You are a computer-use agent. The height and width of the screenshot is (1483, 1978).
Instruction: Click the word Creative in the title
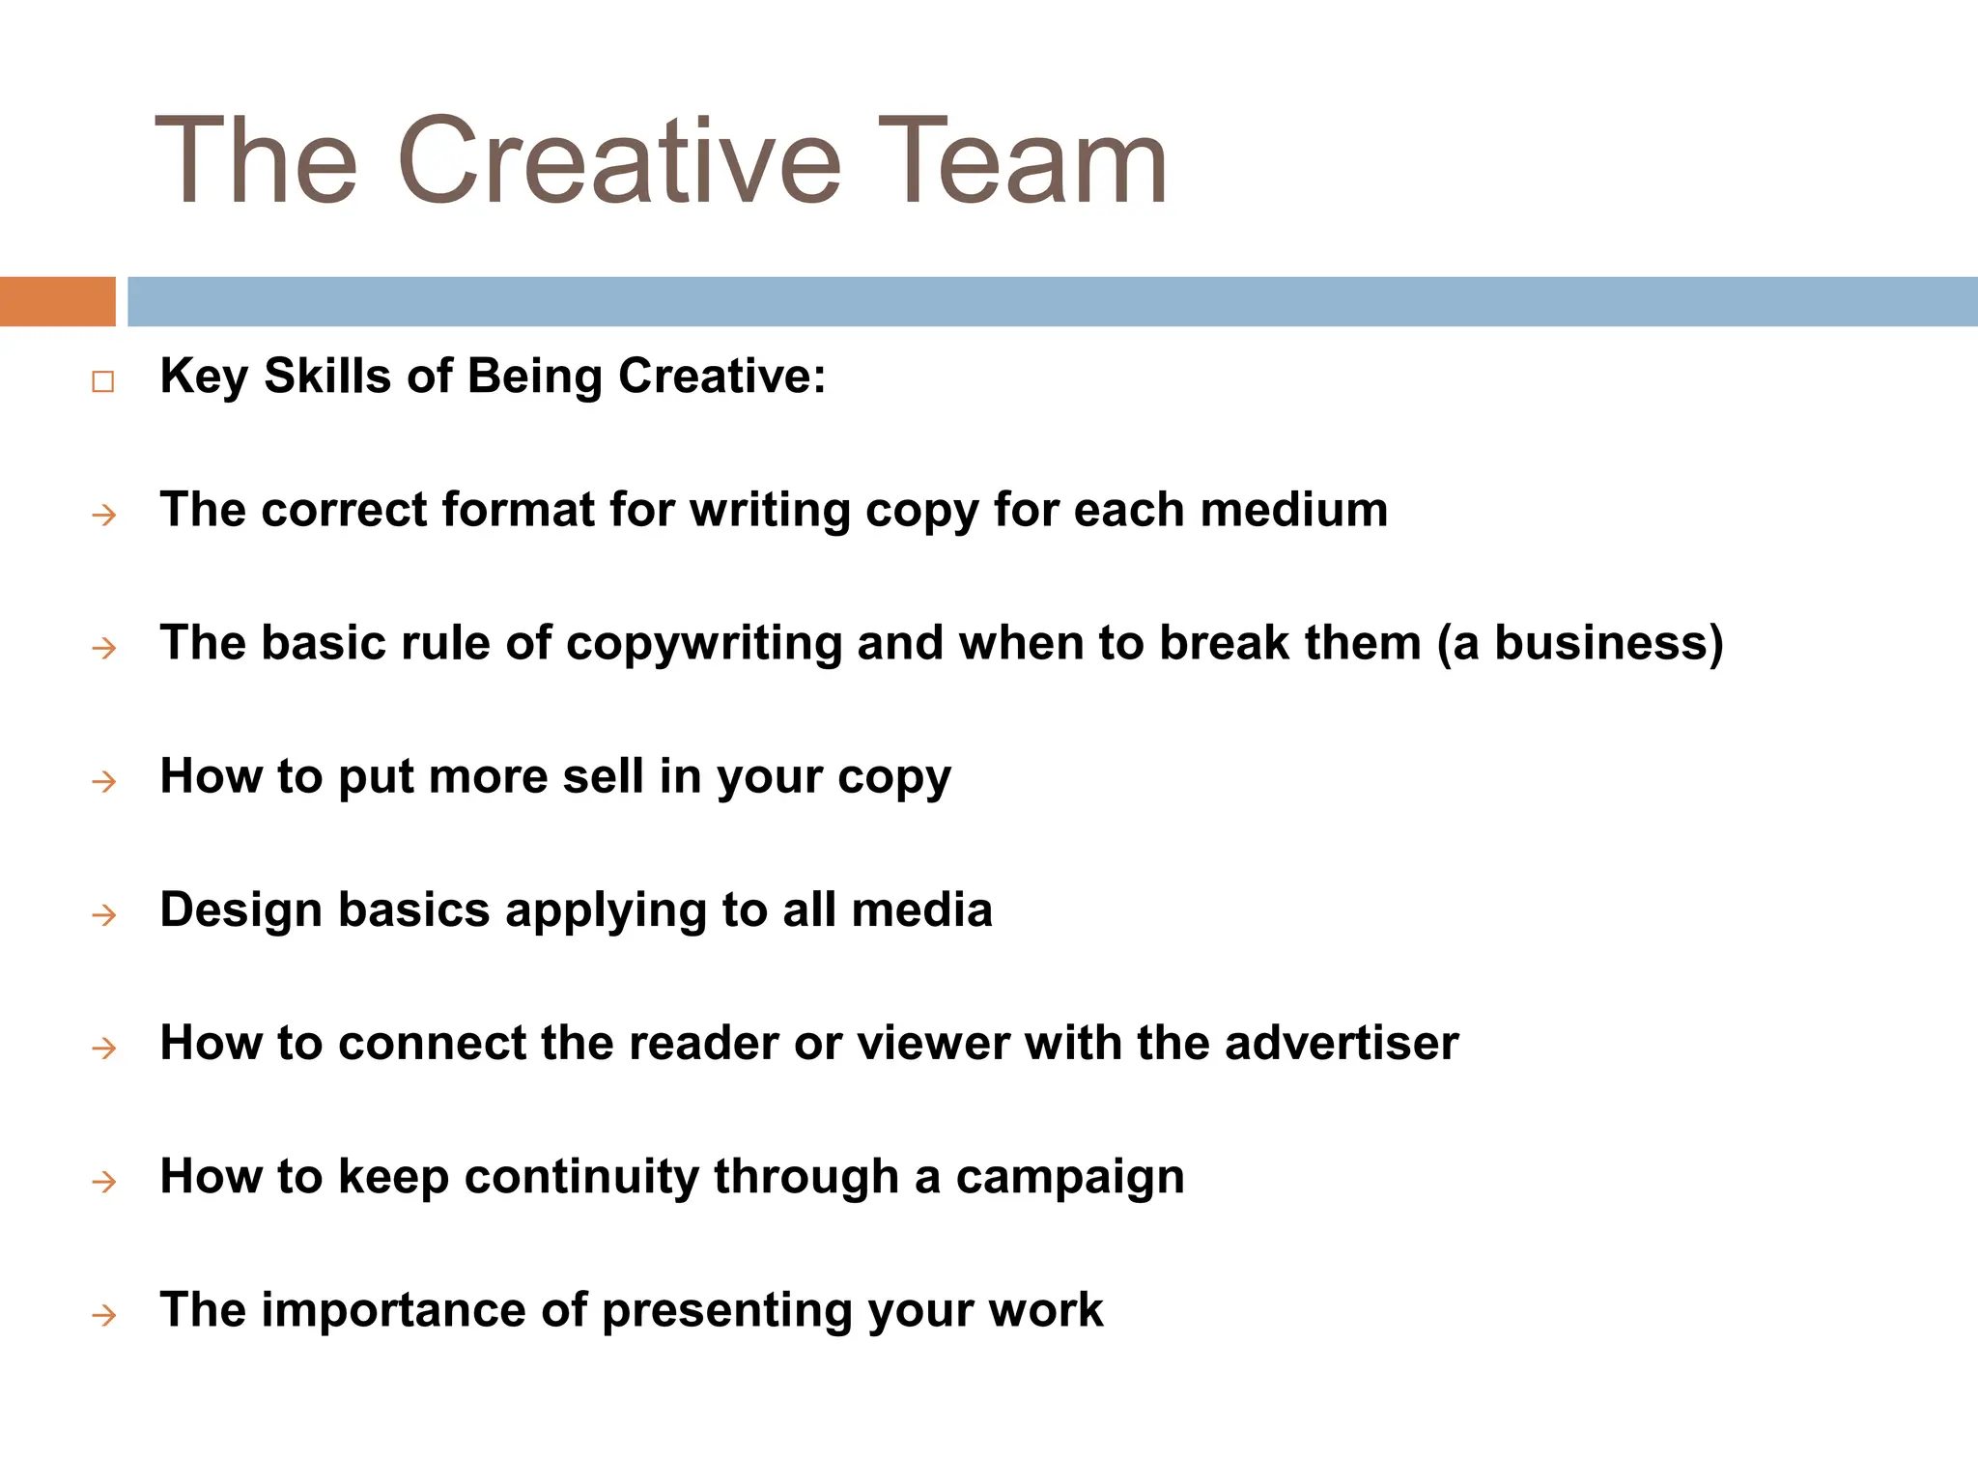(x=618, y=162)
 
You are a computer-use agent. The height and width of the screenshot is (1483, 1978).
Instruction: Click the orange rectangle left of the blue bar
(x=57, y=301)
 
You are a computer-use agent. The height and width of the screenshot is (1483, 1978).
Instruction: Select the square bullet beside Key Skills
(x=103, y=381)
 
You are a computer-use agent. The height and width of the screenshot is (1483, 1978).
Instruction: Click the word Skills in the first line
(x=327, y=376)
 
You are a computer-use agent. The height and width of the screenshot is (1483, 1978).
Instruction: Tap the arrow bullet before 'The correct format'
(x=103, y=516)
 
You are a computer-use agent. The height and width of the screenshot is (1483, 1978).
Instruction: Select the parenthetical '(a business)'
(x=1580, y=644)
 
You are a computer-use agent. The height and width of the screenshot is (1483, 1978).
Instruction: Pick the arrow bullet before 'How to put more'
(x=103, y=781)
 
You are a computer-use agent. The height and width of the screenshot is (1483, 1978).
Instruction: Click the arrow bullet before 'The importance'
(x=103, y=1315)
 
